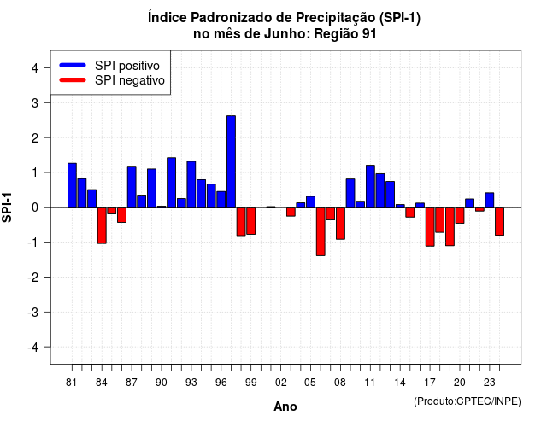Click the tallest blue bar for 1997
coord(231,161)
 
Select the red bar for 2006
coord(321,231)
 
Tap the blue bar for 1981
coord(72,185)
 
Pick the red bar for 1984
coord(102,225)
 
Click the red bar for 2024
coord(499,221)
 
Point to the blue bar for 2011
coord(370,186)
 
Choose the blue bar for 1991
coord(171,182)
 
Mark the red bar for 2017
coord(430,227)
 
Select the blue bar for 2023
coord(490,200)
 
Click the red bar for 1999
coord(250,221)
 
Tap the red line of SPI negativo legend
coord(73,80)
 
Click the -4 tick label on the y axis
coord(33,348)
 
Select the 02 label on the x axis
coord(281,383)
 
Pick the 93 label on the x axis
coord(191,383)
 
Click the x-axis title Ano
coord(285,407)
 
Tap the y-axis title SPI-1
coord(7,208)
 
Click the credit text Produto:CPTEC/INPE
coord(468,401)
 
